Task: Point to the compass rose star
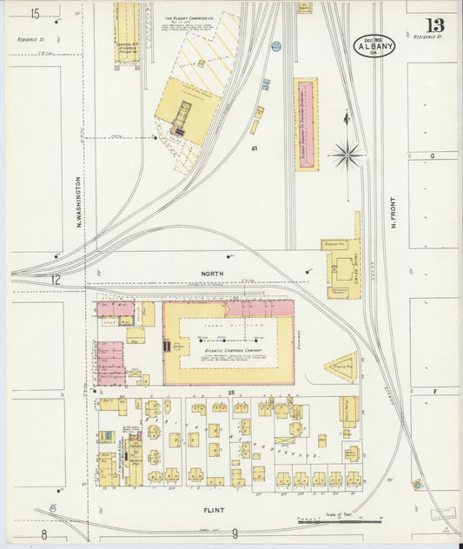pos(347,155)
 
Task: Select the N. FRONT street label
pos(394,211)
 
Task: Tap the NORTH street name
pos(212,274)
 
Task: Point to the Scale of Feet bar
pos(339,521)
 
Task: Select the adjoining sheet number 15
pos(35,14)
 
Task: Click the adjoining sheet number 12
pos(55,280)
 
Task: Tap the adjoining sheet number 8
pos(43,535)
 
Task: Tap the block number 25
pos(232,394)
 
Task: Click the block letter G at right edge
pos(432,155)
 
